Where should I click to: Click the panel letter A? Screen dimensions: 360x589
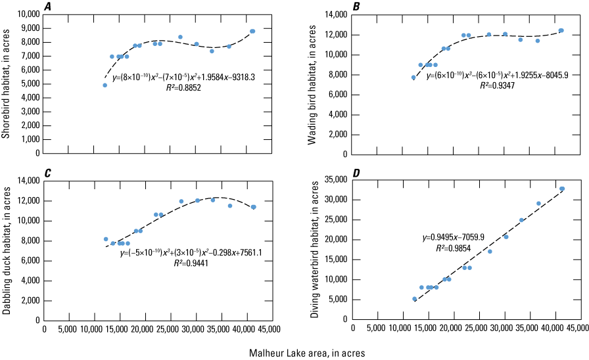pyautogui.click(x=47, y=7)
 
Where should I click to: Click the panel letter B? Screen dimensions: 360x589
pyautogui.click(x=356, y=7)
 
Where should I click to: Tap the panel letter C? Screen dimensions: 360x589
pyautogui.click(x=47, y=173)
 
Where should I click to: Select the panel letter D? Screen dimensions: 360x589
pyautogui.click(x=356, y=173)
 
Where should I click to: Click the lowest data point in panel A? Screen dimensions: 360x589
pyautogui.click(x=105, y=85)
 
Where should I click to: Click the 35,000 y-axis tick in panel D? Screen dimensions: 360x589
pyautogui.click(x=334, y=179)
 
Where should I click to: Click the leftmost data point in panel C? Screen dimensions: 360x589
pyautogui.click(x=106, y=239)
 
